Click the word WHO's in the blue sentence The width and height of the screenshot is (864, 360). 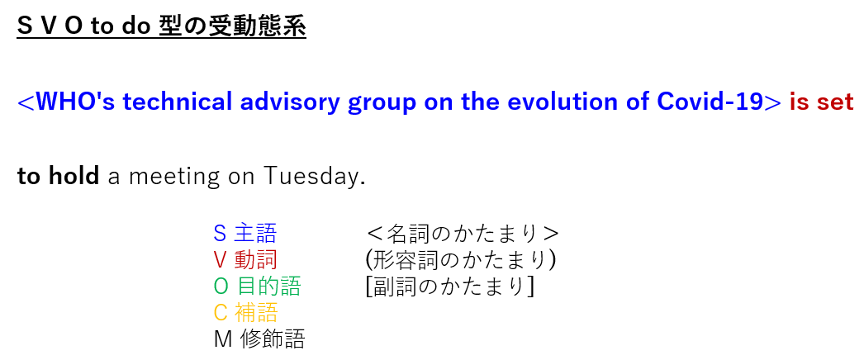[74, 102]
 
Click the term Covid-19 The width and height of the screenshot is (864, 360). [710, 102]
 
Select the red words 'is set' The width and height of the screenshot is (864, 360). [821, 102]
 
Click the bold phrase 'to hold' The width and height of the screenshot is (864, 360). [58, 176]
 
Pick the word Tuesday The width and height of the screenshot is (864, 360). [314, 177]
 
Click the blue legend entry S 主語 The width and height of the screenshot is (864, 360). [245, 234]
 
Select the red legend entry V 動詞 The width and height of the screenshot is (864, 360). [245, 260]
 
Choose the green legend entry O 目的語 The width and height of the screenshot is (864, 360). [258, 287]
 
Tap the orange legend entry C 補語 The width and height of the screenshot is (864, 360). [245, 313]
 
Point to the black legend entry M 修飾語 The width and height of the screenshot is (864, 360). [259, 339]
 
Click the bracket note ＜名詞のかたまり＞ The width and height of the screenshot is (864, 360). [463, 234]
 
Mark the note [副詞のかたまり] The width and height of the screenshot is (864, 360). [449, 287]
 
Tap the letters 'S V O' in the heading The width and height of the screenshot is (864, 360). [49, 26]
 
